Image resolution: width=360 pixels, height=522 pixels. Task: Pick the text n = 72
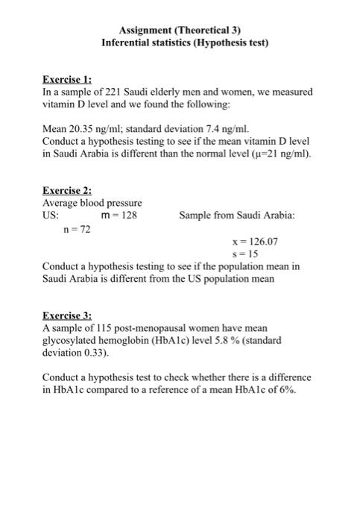(75, 229)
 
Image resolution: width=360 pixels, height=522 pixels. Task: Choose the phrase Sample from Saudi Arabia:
(237, 216)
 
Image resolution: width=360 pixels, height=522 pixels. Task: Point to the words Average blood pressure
(92, 203)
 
